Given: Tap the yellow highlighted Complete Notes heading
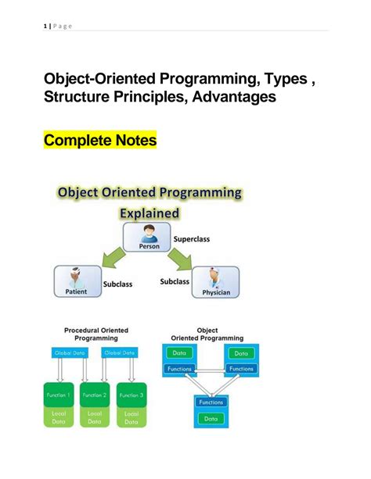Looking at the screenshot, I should click(x=100, y=141).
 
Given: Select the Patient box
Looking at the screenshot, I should click(x=77, y=281).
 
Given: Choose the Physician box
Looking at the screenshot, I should click(x=214, y=281).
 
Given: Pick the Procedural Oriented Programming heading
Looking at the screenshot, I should click(x=95, y=334).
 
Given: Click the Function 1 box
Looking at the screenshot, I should click(x=58, y=395).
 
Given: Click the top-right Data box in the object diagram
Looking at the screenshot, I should click(x=240, y=354).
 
